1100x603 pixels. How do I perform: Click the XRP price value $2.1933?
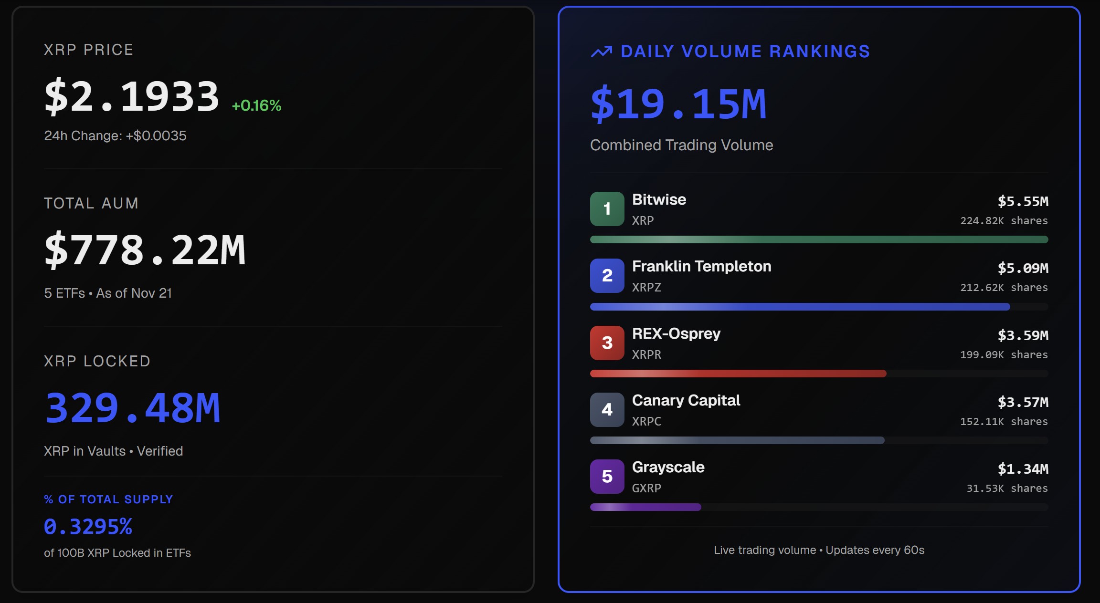click(131, 97)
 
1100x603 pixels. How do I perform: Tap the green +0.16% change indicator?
click(256, 105)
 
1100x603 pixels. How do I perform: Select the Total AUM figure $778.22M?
click(145, 250)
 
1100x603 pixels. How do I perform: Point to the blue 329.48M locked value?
click(132, 408)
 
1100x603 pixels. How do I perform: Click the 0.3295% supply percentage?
click(88, 527)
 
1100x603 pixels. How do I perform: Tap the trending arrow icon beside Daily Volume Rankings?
click(601, 52)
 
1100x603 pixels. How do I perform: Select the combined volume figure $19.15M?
click(678, 104)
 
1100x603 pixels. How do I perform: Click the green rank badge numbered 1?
click(607, 209)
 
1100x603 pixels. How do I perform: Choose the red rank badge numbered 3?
click(607, 343)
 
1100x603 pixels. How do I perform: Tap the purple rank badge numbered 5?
click(607, 476)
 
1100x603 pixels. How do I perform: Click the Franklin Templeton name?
click(701, 266)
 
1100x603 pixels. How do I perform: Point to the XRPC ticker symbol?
click(646, 421)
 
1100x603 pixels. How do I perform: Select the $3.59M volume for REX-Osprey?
click(1023, 335)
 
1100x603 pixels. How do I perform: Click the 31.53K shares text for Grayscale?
click(1007, 488)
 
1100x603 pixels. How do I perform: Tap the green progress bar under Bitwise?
click(819, 239)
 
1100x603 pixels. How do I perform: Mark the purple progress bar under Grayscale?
click(645, 507)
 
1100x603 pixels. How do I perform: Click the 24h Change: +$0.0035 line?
click(115, 136)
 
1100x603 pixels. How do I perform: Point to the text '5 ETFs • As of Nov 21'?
click(108, 293)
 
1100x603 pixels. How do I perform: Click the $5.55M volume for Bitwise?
click(1023, 201)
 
